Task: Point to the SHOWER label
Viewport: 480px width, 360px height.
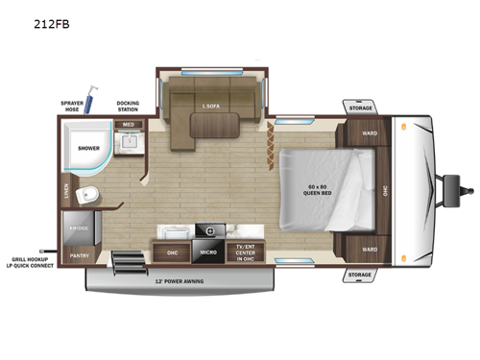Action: coord(89,149)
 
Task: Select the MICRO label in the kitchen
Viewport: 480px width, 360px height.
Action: coord(207,253)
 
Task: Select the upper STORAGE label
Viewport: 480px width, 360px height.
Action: coord(360,108)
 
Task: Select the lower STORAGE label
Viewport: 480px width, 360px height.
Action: coord(360,275)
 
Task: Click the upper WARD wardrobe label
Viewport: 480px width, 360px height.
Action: coord(370,132)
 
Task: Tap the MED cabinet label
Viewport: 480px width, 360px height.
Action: coord(128,125)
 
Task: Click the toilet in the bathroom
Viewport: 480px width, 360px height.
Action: coord(89,196)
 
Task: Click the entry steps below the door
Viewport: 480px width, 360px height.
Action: coord(125,260)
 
